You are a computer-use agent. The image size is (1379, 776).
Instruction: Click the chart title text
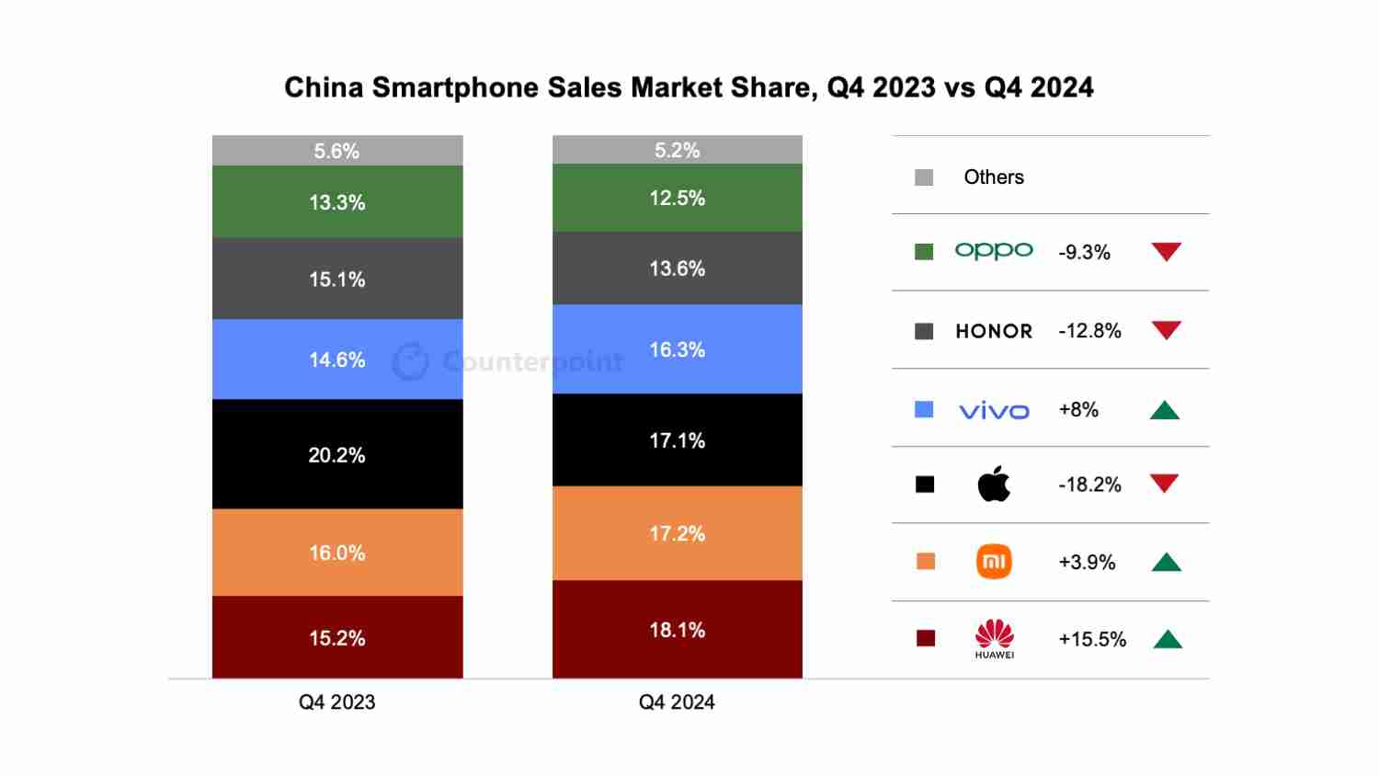689,87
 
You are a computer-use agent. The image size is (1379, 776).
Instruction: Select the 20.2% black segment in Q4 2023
337,454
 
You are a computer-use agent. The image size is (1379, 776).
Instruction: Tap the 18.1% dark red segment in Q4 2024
677,630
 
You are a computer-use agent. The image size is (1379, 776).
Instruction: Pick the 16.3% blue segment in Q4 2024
677,349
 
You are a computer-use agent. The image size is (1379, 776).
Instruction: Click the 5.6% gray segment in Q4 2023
337,151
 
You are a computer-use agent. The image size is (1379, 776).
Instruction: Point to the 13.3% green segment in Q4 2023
337,202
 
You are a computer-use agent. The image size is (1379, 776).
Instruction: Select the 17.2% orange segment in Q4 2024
677,533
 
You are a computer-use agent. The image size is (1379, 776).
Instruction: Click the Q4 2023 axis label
337,702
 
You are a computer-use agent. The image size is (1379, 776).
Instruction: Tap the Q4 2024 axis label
677,702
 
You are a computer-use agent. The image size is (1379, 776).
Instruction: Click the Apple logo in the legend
994,484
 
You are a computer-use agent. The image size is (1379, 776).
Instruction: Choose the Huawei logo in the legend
994,638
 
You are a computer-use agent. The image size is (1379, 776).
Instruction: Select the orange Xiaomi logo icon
994,562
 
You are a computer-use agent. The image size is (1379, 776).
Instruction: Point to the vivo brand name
994,411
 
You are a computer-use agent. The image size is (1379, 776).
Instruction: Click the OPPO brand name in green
994,251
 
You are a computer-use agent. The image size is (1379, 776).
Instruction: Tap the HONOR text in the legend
994,331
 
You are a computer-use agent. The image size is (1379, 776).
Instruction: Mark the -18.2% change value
1089,485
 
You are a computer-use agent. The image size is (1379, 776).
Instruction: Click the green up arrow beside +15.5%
1167,639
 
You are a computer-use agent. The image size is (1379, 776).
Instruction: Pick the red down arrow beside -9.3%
1166,251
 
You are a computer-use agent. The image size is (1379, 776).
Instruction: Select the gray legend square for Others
924,177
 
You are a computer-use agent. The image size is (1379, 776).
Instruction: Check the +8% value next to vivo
1078,410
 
